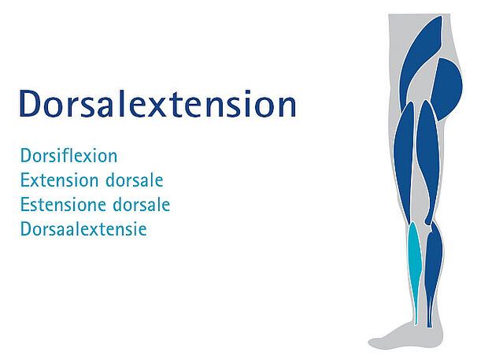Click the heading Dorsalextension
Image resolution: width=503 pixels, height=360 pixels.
[x=157, y=103]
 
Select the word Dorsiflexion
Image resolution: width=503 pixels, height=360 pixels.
[x=69, y=155]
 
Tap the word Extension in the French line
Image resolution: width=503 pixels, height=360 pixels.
[x=59, y=180]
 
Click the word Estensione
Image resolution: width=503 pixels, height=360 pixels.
[x=63, y=204]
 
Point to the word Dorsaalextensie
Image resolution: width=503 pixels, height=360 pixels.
[x=83, y=228]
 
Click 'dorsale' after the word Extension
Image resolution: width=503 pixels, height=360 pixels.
[x=135, y=180]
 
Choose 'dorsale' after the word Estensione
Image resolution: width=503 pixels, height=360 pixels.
[x=142, y=204]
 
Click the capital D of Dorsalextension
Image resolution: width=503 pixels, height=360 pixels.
[x=31, y=104]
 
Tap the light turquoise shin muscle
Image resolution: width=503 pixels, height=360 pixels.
[x=415, y=257]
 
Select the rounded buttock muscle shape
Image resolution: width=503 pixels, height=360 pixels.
[x=447, y=88]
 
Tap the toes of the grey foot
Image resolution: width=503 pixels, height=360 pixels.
[x=375, y=343]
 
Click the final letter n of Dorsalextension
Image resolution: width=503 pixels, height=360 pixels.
[x=287, y=107]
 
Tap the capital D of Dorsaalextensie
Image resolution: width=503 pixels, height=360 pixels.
[x=26, y=228]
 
